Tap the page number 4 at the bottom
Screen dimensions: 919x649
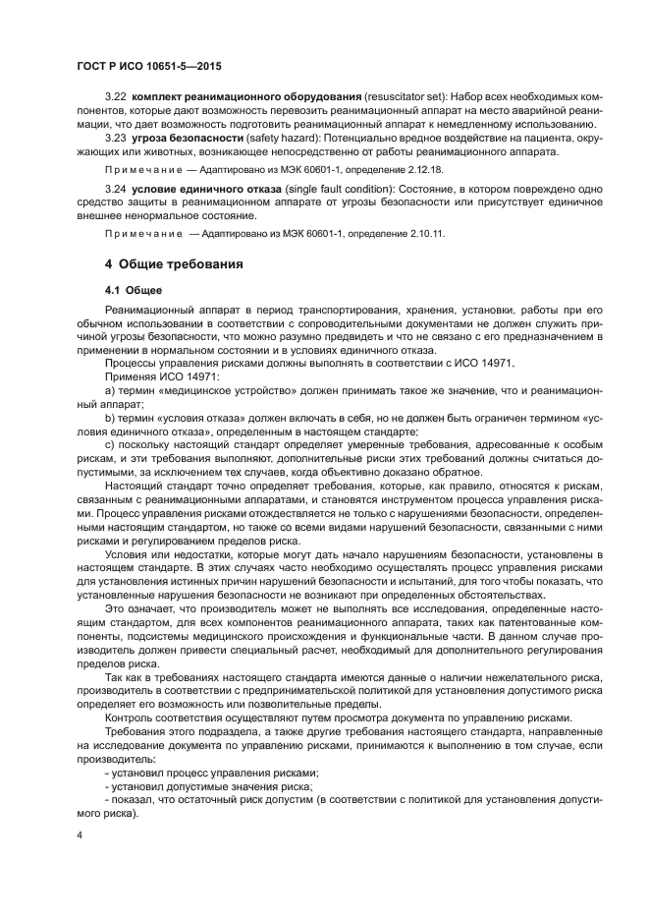(81, 836)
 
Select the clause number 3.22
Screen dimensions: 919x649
(116, 102)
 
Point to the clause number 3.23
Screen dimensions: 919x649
(116, 139)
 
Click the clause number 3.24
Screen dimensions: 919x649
(116, 186)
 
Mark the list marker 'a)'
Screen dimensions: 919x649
(110, 389)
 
